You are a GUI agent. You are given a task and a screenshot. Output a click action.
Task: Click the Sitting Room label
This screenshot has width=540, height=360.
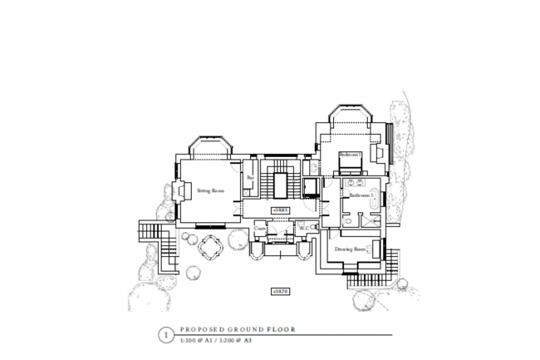[211, 190]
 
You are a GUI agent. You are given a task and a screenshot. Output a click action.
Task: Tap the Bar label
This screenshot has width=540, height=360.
[250, 177]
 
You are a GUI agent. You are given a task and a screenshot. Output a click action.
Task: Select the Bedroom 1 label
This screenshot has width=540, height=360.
[349, 155]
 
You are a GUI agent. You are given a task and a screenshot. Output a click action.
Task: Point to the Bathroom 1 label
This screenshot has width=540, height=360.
[359, 196]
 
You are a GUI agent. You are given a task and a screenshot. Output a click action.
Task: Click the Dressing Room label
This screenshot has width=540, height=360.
[351, 249]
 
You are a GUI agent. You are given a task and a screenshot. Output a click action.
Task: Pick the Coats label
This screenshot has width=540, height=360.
[260, 227]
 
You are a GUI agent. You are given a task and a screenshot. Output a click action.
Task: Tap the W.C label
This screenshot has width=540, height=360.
[304, 227]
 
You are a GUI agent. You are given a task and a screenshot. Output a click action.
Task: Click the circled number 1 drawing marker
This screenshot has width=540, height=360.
[164, 336]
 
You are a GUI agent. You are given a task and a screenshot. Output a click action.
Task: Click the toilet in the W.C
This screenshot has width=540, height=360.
[314, 228]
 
